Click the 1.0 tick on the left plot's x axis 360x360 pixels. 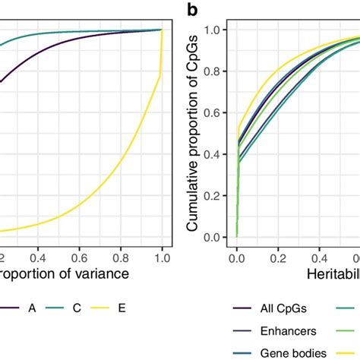[161, 257]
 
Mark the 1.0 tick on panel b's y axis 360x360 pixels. [216, 29]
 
